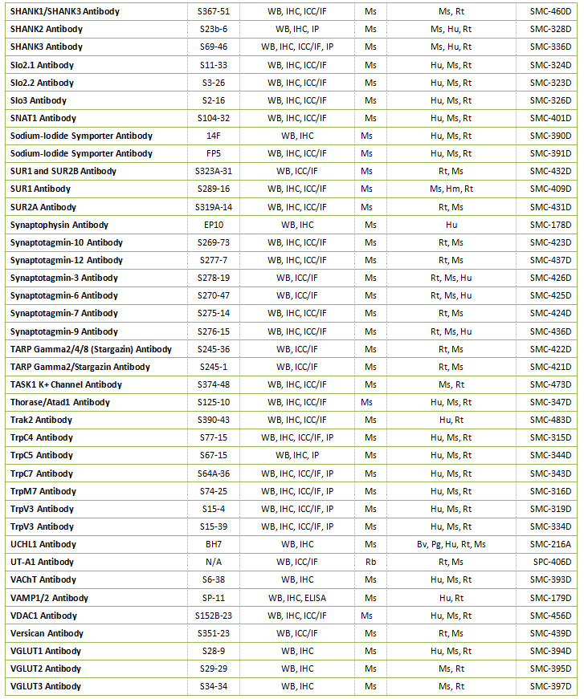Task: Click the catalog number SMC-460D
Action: [550, 11]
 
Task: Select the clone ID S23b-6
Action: [213, 29]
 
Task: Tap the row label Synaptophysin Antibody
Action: [59, 225]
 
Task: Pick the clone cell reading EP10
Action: [213, 225]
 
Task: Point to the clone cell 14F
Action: [213, 136]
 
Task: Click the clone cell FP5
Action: [213, 153]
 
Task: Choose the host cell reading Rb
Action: [370, 562]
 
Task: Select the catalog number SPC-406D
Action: [550, 562]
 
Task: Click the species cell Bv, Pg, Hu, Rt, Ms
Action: [451, 544]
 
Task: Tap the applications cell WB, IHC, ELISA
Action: [296, 598]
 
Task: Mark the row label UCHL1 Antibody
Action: [43, 544]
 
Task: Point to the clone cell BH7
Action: [213, 544]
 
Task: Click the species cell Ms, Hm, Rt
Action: [451, 189]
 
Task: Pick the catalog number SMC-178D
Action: [550, 225]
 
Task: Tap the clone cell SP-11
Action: [213, 598]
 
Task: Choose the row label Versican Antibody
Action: [47, 633]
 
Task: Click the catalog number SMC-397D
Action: [550, 686]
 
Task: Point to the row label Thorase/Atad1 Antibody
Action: [60, 402]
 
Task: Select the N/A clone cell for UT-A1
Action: [213, 562]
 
